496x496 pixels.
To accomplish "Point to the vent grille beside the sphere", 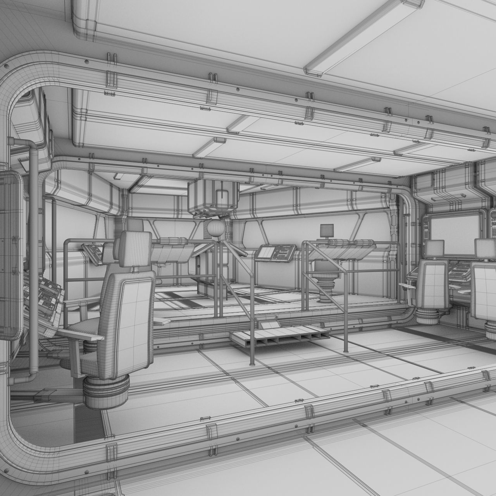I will coord(205,232).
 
